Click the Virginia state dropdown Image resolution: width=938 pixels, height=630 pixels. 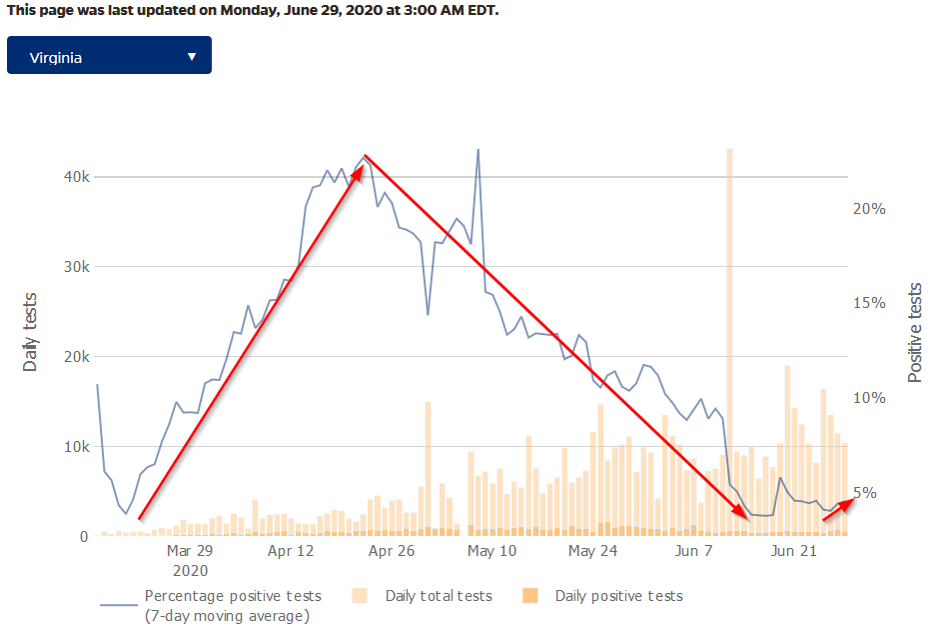pyautogui.click(x=109, y=55)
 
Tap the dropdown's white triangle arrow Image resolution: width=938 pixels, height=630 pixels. pyautogui.click(x=192, y=57)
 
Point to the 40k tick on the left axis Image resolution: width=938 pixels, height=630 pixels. pyautogui.click(x=77, y=177)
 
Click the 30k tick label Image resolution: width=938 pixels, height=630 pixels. pyautogui.click(x=77, y=267)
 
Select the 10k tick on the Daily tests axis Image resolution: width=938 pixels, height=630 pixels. pyautogui.click(x=77, y=447)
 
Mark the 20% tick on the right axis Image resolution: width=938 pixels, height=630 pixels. pyautogui.click(x=869, y=209)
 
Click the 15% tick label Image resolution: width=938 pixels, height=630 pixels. pyautogui.click(x=869, y=303)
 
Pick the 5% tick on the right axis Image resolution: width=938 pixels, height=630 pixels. pyautogui.click(x=866, y=493)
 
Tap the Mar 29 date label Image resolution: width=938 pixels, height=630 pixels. pyautogui.click(x=190, y=551)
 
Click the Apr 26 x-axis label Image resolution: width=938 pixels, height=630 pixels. pyautogui.click(x=392, y=551)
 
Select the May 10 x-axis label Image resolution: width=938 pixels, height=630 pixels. pyautogui.click(x=491, y=551)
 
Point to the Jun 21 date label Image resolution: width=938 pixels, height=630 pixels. pyautogui.click(x=794, y=551)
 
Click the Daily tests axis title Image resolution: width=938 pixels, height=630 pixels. pyautogui.click(x=30, y=332)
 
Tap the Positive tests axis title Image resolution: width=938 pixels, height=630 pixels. pyautogui.click(x=915, y=333)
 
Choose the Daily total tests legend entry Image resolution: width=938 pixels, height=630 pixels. pyautogui.click(x=439, y=596)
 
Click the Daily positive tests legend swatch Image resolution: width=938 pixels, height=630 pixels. pyautogui.click(x=530, y=595)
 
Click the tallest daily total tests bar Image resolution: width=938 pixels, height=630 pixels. pyautogui.click(x=730, y=341)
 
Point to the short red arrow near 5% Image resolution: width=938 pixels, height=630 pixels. pyautogui.click(x=838, y=510)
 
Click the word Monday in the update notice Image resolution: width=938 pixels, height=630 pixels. pyautogui.click(x=248, y=10)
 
